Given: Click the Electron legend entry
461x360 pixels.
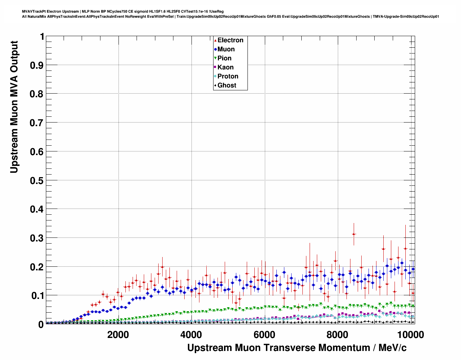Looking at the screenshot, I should coord(230,40).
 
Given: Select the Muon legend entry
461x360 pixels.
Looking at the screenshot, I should coord(226,49).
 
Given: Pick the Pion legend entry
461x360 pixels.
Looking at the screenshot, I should coord(224,58).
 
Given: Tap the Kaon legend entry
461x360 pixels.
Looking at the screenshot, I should coord(225,67).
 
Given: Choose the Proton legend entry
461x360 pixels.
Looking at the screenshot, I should coord(228,76).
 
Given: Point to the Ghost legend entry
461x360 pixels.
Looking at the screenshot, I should coord(227,85).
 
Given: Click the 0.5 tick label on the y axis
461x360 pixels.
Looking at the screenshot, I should coord(37,180).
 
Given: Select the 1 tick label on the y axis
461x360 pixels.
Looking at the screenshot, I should coord(42,37).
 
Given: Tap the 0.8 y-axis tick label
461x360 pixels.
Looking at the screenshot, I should coord(37,94).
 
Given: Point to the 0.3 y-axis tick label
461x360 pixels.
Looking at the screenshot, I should coord(37,238).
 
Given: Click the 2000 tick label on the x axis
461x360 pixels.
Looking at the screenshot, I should coord(118,334).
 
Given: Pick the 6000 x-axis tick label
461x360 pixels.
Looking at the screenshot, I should coord(264,334).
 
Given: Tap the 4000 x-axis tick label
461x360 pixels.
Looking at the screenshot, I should coord(191,334).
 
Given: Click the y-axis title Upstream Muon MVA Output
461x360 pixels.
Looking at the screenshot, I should coord(14,107).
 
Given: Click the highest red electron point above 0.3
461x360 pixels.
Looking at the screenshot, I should coord(354,234).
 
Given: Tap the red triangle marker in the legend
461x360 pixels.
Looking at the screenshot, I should coord(215,40).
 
